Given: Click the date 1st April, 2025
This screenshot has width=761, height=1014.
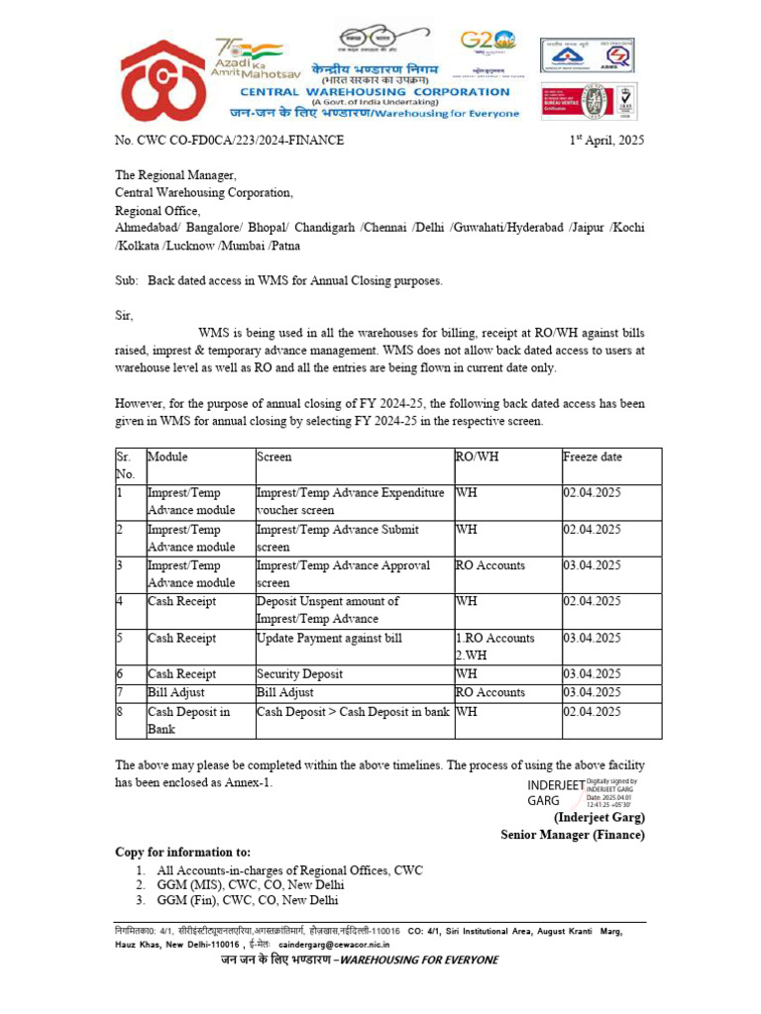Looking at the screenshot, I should pyautogui.click(x=605, y=141).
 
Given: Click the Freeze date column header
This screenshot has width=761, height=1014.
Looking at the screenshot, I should pyautogui.click(x=593, y=456).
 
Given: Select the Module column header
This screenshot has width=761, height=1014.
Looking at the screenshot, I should pyautogui.click(x=167, y=456).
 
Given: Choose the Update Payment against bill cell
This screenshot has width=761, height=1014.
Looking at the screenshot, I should pyautogui.click(x=329, y=638).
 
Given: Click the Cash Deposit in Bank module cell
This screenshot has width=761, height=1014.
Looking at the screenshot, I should pyautogui.click(x=188, y=720).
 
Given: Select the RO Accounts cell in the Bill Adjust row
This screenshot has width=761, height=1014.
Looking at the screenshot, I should pyautogui.click(x=490, y=692).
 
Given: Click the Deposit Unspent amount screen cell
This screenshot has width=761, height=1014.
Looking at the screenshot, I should pyautogui.click(x=328, y=610).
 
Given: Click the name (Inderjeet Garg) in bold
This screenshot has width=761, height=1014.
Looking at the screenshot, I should pyautogui.click(x=598, y=817).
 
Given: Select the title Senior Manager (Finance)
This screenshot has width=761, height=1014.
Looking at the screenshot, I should pyautogui.click(x=572, y=835).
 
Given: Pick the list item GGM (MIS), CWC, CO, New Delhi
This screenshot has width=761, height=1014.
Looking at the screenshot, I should pyautogui.click(x=248, y=885).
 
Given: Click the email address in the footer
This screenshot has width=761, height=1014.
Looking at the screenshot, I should pyautogui.click(x=346, y=946).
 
